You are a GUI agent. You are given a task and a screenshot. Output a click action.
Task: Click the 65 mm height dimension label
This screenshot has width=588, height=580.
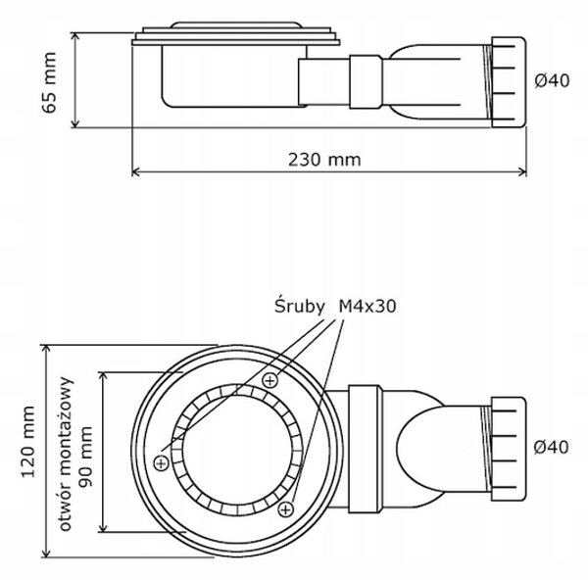coord(49,82)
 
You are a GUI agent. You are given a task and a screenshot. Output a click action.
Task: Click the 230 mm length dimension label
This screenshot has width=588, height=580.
coord(324,160)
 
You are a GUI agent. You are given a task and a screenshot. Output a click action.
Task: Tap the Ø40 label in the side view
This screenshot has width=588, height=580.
coord(552,80)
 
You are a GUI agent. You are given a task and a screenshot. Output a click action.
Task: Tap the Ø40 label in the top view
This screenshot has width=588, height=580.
coord(551,447)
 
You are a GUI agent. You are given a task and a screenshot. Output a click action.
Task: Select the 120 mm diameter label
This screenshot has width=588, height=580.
coord(28,441)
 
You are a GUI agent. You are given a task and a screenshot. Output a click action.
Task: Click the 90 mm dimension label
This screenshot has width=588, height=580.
coord(85,457)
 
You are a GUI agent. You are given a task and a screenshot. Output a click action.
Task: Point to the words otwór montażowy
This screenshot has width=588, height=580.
coord(65,454)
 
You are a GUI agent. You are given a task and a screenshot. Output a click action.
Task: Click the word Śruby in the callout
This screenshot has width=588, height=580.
coord(299,306)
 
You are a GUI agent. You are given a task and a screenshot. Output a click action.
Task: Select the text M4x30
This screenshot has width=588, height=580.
coord(367,307)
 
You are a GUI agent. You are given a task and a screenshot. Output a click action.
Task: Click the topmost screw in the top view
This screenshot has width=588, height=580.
coord(269,380)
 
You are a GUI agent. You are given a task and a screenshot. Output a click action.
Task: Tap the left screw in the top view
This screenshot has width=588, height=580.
coord(162,463)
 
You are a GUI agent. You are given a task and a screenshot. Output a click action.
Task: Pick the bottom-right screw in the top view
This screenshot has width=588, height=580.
coord(286,509)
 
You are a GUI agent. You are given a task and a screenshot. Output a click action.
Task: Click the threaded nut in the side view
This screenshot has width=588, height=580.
coord(509,82)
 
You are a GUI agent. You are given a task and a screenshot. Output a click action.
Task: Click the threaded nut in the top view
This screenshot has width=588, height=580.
coord(509,449)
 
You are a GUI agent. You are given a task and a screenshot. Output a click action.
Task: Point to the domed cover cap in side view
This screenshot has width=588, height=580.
coord(236,25)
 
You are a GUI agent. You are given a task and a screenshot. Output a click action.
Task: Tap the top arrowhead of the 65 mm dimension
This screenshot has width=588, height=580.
coord(75,36)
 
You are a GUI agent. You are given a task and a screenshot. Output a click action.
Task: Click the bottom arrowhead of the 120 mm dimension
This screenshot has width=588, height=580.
coord(46,553)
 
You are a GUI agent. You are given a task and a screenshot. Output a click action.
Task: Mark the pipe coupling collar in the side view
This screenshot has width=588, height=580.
coord(366,82)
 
